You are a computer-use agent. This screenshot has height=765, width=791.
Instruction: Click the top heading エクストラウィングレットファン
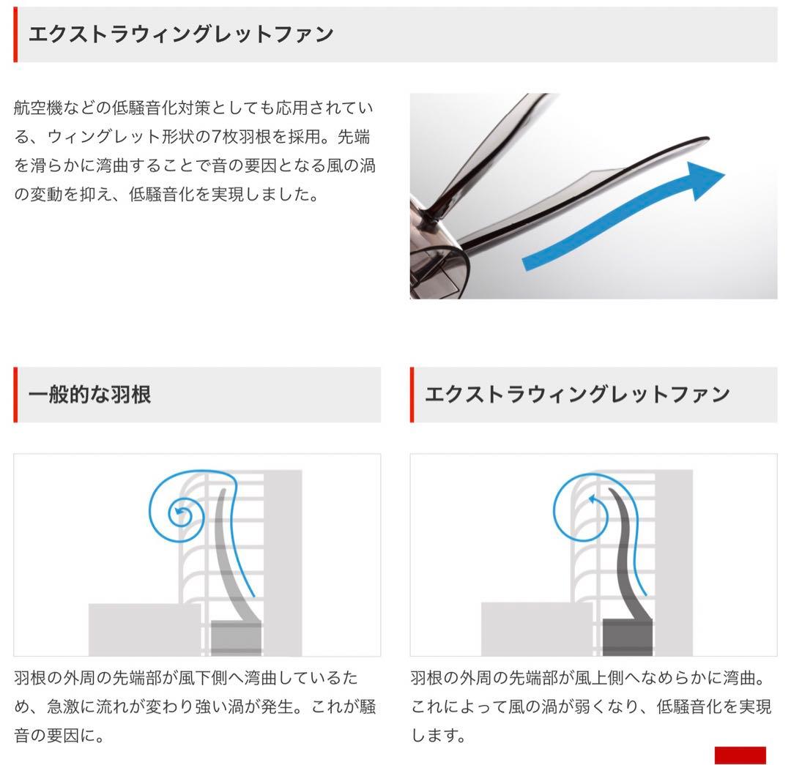[x=180, y=34]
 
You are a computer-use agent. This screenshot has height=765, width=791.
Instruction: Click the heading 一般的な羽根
[x=89, y=395]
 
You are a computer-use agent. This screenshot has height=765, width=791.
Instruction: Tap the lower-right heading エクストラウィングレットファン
[x=577, y=395]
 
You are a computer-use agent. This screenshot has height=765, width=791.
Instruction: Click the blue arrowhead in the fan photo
[x=705, y=179]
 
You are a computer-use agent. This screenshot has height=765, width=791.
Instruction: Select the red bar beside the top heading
[x=15, y=34]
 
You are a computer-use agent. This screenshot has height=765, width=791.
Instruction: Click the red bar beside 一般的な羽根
[x=15, y=395]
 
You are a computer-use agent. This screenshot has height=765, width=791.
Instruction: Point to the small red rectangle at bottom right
[x=740, y=755]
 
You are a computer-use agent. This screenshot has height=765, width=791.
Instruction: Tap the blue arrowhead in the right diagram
[x=593, y=500]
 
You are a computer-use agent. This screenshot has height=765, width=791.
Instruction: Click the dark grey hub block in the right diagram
[x=627, y=637]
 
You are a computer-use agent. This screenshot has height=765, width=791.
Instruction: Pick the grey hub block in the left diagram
[x=236, y=637]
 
